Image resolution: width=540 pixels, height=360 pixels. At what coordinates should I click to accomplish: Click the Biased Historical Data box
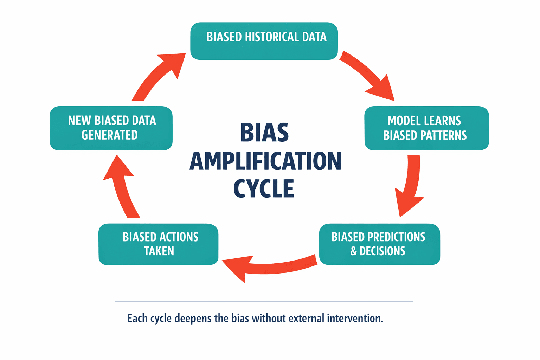point(264,41)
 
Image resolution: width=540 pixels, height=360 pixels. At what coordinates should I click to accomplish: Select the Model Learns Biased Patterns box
point(426,128)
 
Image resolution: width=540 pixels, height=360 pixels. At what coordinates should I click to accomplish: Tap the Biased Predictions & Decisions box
point(379,244)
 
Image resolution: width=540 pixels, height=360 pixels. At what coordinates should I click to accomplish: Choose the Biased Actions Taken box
point(158,244)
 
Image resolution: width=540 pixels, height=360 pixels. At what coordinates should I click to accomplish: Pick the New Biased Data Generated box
point(111,128)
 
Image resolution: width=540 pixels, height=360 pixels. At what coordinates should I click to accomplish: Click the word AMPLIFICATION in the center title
point(265,161)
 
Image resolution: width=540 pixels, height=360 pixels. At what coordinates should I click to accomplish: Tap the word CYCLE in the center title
point(264,189)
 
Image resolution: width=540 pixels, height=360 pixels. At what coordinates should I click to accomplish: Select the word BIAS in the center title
point(264,133)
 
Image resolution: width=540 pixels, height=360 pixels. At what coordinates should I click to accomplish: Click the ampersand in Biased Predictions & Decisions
point(354,251)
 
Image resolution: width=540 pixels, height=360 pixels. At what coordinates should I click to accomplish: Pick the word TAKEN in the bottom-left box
point(159,251)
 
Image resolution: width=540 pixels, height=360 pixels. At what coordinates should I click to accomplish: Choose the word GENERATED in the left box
point(109,135)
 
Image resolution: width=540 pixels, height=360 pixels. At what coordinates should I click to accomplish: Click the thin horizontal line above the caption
point(264,301)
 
